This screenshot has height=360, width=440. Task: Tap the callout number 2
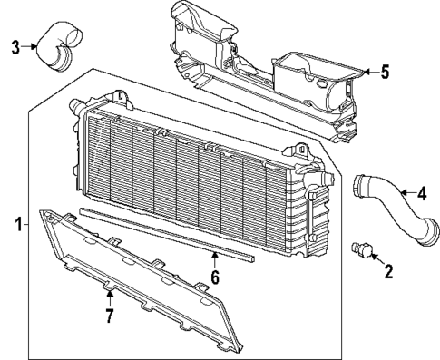[x=387, y=270]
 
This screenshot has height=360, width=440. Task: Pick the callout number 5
[x=385, y=73]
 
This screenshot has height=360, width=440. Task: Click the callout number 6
[x=214, y=277]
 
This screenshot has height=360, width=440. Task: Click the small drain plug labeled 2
[x=367, y=250]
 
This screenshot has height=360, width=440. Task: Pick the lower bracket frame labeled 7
[x=136, y=281]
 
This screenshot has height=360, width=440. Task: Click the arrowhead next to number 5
[x=365, y=72]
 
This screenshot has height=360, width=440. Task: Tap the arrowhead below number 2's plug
[x=376, y=258]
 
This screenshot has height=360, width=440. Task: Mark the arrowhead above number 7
[x=109, y=295]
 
